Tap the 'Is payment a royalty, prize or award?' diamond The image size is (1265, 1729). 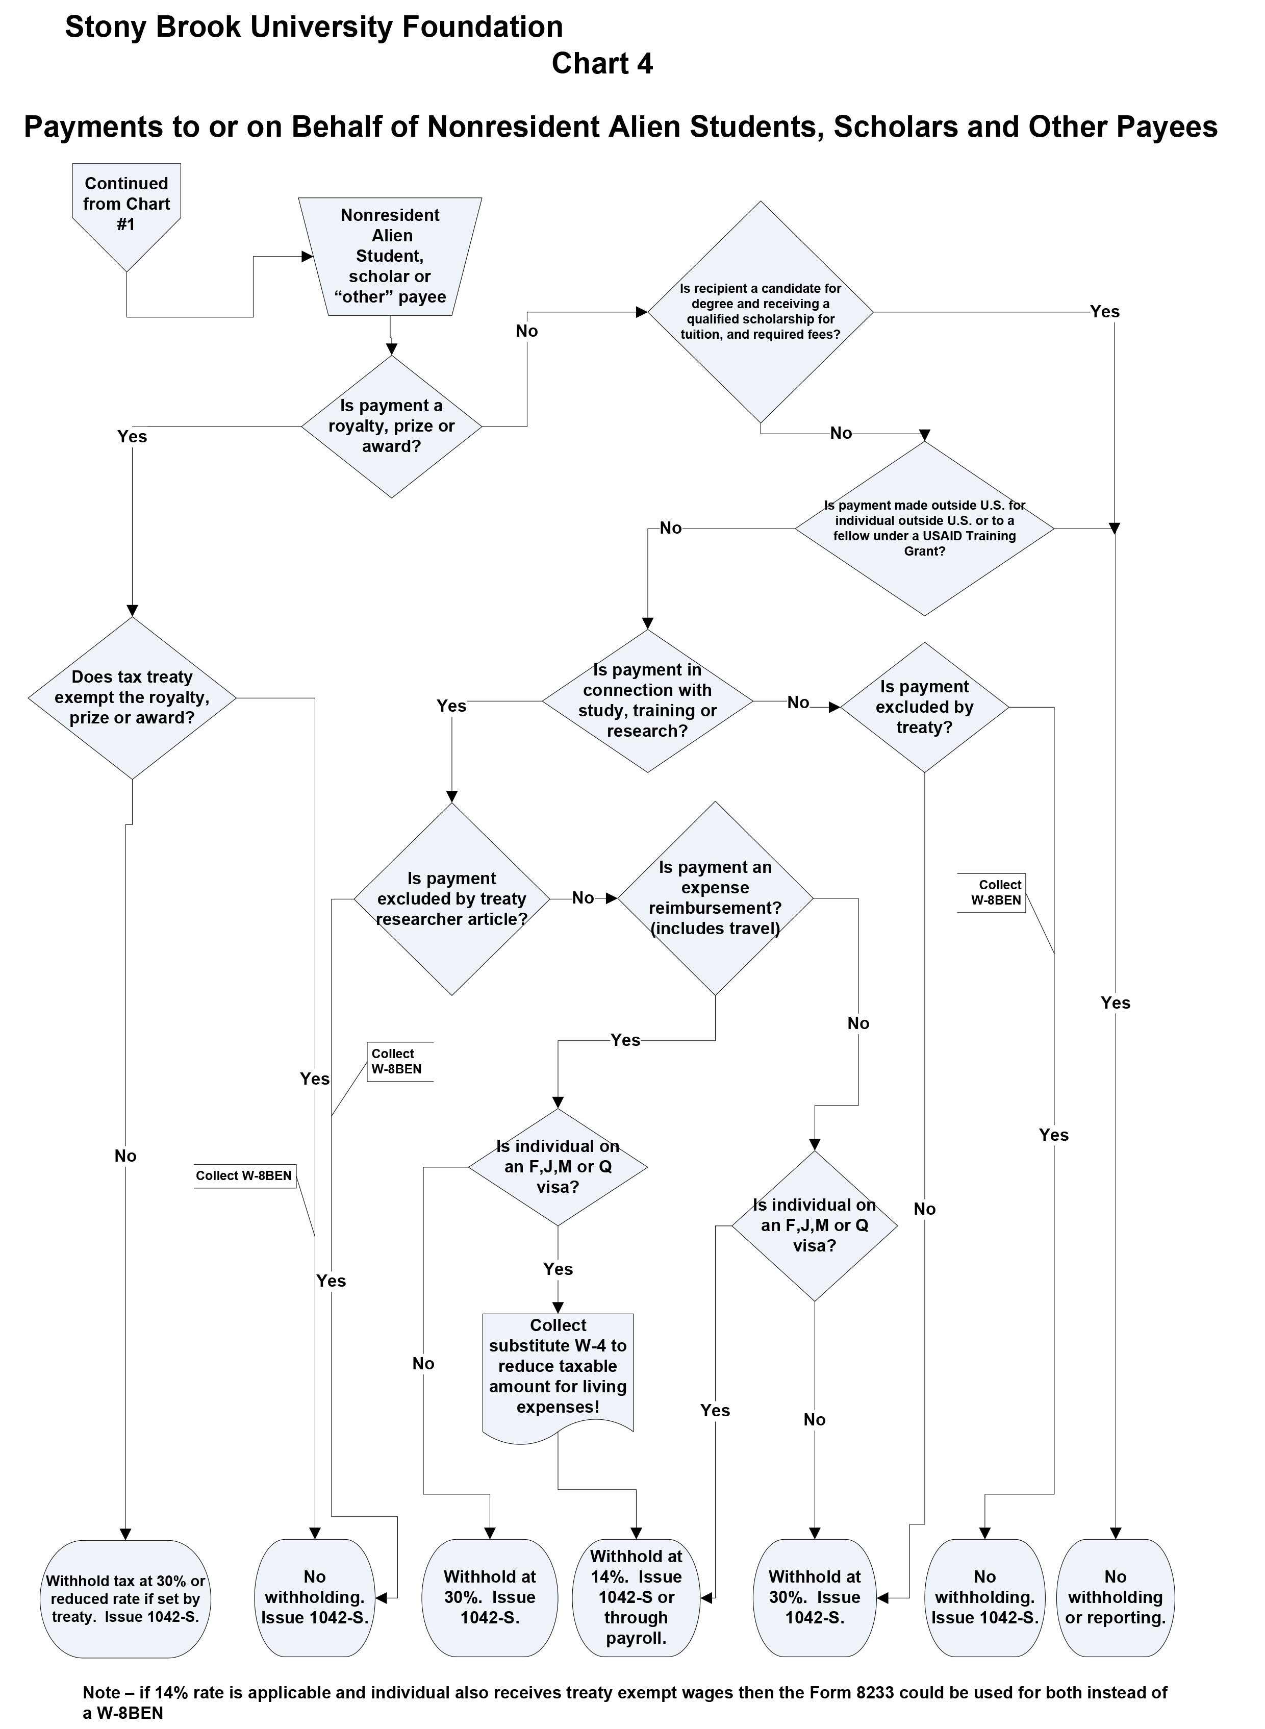click(391, 427)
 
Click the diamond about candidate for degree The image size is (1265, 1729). click(761, 312)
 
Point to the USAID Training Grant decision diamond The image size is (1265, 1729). click(924, 529)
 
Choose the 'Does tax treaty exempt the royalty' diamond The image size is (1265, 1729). click(132, 697)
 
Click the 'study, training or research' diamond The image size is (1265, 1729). click(647, 700)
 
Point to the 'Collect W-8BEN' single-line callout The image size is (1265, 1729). click(244, 1175)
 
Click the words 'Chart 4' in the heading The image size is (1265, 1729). click(602, 64)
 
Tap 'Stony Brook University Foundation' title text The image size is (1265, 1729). click(314, 27)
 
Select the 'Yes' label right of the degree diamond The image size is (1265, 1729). click(1104, 312)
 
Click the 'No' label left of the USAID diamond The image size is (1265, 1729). click(670, 529)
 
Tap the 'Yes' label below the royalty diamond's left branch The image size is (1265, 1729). click(132, 437)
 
